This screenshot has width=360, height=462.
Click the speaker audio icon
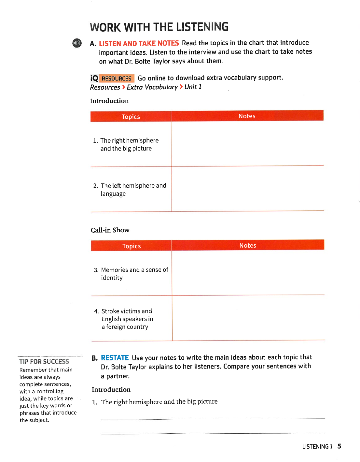click(77, 43)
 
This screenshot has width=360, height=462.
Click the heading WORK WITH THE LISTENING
click(159, 27)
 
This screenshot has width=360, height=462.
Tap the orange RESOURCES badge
click(117, 78)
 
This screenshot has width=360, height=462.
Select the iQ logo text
click(94, 78)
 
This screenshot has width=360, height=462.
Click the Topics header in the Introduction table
click(131, 117)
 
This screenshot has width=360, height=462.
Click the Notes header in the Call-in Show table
click(248, 245)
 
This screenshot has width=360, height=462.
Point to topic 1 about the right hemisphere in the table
click(129, 144)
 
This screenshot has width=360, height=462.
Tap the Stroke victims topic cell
click(127, 319)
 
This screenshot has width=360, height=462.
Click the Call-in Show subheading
click(110, 230)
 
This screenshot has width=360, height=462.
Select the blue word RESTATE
click(115, 358)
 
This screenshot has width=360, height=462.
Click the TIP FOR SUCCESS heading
click(44, 361)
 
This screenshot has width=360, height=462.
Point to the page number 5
click(339, 446)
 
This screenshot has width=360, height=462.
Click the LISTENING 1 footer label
click(317, 447)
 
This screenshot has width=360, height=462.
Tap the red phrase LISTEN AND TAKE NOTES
click(139, 43)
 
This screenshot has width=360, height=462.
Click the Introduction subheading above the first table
click(109, 101)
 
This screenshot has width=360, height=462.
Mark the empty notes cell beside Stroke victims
click(248, 318)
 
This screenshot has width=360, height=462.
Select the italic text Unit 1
click(193, 87)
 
